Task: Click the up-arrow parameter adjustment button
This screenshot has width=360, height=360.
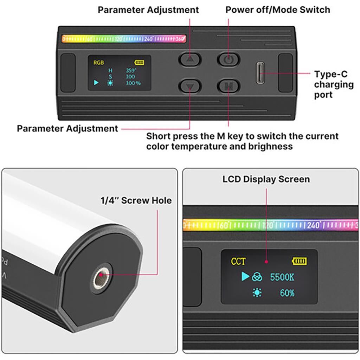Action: (x=189, y=59)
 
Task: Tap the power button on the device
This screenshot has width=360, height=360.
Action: (x=229, y=59)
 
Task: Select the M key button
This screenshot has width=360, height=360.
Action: (x=229, y=86)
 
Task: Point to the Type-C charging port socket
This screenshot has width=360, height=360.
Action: (x=260, y=73)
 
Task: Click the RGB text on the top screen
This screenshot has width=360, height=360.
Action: (x=98, y=63)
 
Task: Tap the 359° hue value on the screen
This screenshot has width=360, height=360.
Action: (x=131, y=70)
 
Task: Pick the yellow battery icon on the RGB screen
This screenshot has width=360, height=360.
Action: (x=139, y=63)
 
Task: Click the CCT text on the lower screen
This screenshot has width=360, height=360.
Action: (x=238, y=261)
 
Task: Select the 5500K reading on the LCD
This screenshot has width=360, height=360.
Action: (x=282, y=277)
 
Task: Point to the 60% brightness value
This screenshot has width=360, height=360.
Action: (x=287, y=293)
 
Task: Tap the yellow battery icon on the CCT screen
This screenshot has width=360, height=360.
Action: (x=299, y=261)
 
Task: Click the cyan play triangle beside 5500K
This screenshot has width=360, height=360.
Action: (x=245, y=276)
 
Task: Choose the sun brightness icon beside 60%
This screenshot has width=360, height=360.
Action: (x=257, y=293)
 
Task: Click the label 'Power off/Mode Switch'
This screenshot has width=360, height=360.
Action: (x=278, y=10)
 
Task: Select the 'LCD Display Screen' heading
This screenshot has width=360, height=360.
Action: (x=266, y=179)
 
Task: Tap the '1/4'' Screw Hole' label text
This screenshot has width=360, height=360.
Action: (x=136, y=200)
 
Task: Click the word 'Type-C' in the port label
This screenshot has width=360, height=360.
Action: (x=330, y=74)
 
